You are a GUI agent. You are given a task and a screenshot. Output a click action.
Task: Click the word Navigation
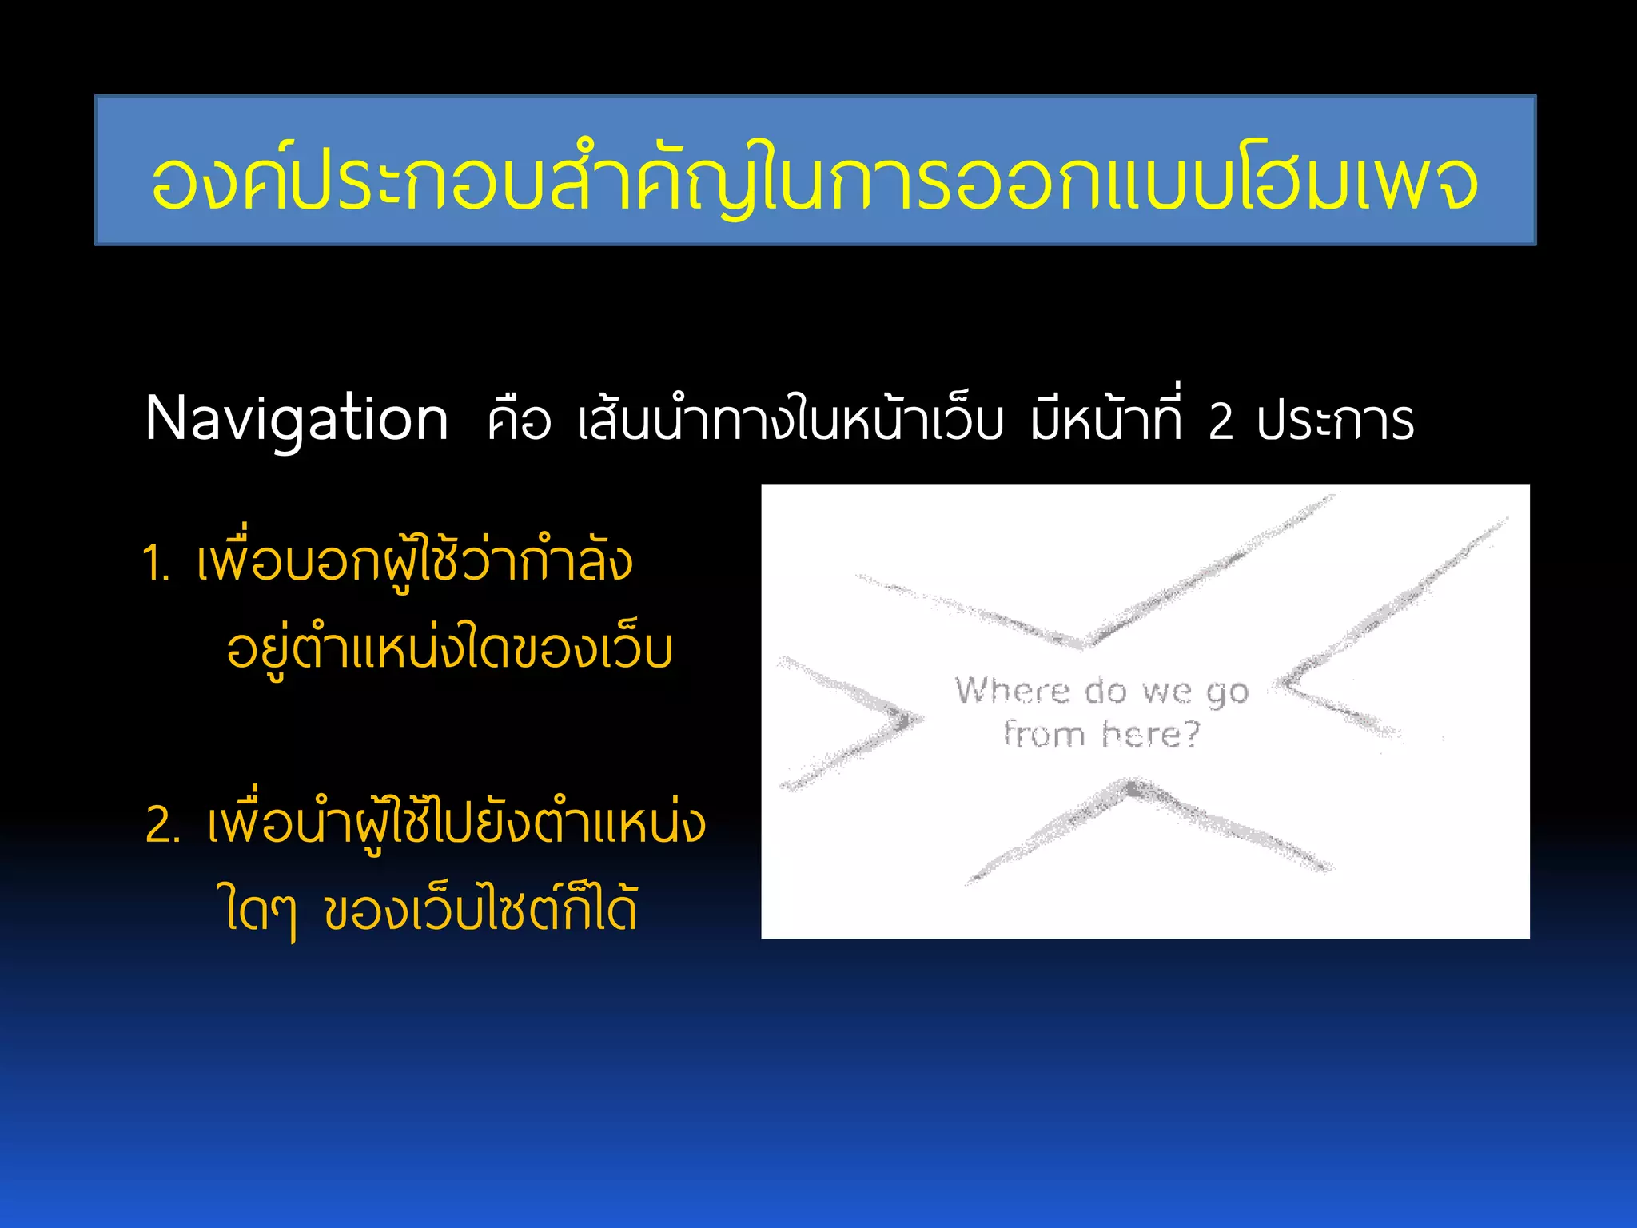(297, 420)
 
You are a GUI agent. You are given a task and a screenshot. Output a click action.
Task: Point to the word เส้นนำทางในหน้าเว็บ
(790, 420)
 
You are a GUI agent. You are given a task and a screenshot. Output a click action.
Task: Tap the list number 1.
(156, 564)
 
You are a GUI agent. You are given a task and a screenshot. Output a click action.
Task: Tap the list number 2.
(162, 825)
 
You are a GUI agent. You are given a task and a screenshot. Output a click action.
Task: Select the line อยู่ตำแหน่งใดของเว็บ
(449, 649)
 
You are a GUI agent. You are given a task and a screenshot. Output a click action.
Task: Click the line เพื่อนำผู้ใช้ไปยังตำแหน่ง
(456, 823)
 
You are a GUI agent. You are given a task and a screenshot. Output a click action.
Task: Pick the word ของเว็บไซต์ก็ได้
(481, 910)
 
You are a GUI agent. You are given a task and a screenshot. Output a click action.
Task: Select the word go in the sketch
(1227, 692)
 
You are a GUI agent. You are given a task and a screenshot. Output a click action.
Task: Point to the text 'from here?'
(1102, 734)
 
